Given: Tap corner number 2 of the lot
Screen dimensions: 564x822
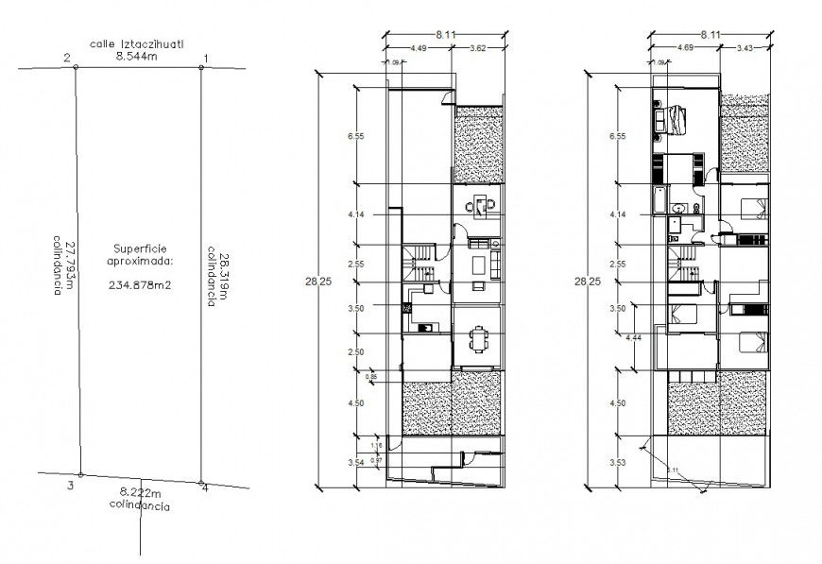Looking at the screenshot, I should tap(66, 59).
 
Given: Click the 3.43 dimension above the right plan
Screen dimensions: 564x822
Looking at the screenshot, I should tap(745, 48).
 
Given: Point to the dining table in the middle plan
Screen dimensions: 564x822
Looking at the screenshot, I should tap(480, 336).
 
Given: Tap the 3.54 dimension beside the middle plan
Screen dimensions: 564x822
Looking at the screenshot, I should tap(356, 462).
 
